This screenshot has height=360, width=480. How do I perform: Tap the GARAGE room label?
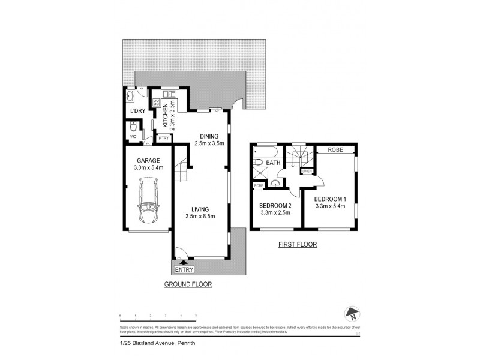148,161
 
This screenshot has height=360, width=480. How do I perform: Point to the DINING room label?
209,136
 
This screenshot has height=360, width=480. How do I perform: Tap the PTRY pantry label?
163,138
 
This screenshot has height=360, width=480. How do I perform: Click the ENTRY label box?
184,269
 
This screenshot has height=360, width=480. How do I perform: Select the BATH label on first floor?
274,163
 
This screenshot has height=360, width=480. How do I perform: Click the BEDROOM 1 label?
331,199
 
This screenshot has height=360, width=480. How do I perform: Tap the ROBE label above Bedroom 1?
335,149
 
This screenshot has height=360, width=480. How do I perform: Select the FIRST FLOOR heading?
297,245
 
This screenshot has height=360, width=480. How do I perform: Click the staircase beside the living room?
181,174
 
